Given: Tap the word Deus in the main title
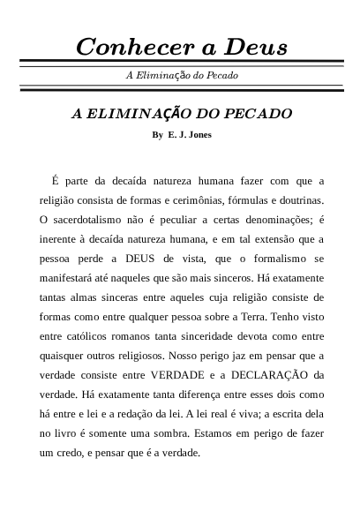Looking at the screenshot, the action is [251, 46].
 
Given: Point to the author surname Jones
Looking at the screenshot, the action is [198, 135].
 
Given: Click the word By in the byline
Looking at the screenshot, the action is [158, 135].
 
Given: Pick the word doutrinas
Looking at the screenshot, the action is [296, 200].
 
